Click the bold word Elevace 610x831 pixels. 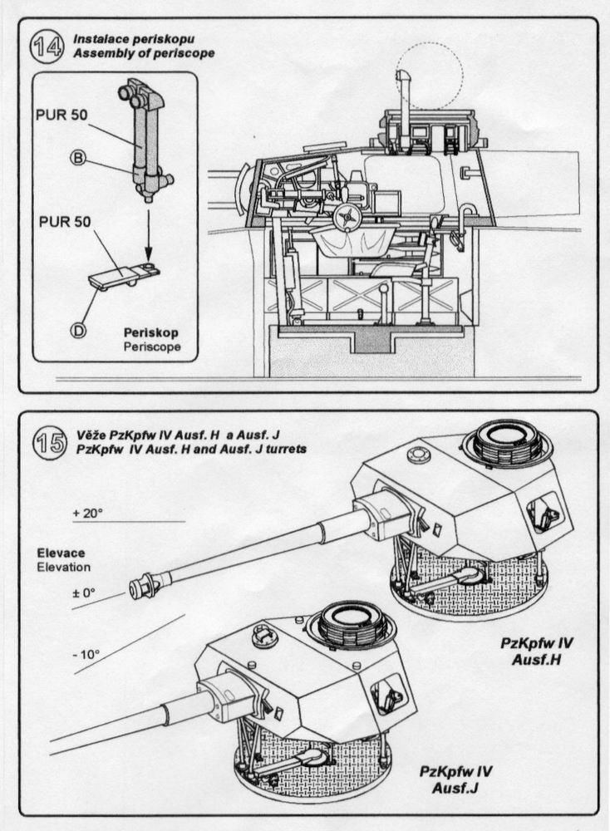point(61,553)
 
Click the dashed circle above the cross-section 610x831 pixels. point(430,76)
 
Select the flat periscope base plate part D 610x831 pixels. point(125,277)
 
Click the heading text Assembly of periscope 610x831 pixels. point(143,53)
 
